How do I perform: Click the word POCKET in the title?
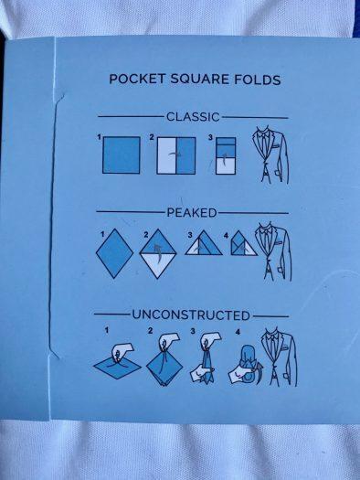click(137, 80)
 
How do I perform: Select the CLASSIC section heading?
click(193, 117)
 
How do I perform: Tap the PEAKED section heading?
click(192, 212)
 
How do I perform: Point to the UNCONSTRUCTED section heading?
click(191, 315)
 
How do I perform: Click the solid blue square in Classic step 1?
click(122, 155)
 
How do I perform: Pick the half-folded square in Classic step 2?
click(176, 155)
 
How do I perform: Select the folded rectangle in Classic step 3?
click(226, 155)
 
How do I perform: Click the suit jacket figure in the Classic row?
click(270, 155)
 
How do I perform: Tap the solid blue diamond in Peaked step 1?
click(115, 253)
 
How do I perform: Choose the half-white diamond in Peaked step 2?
click(158, 253)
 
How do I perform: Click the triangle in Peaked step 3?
click(204, 244)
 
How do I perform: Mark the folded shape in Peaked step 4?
click(244, 244)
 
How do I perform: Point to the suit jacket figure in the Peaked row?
click(273, 251)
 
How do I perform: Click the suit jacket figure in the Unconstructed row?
click(279, 357)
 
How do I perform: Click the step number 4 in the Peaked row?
click(226, 235)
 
